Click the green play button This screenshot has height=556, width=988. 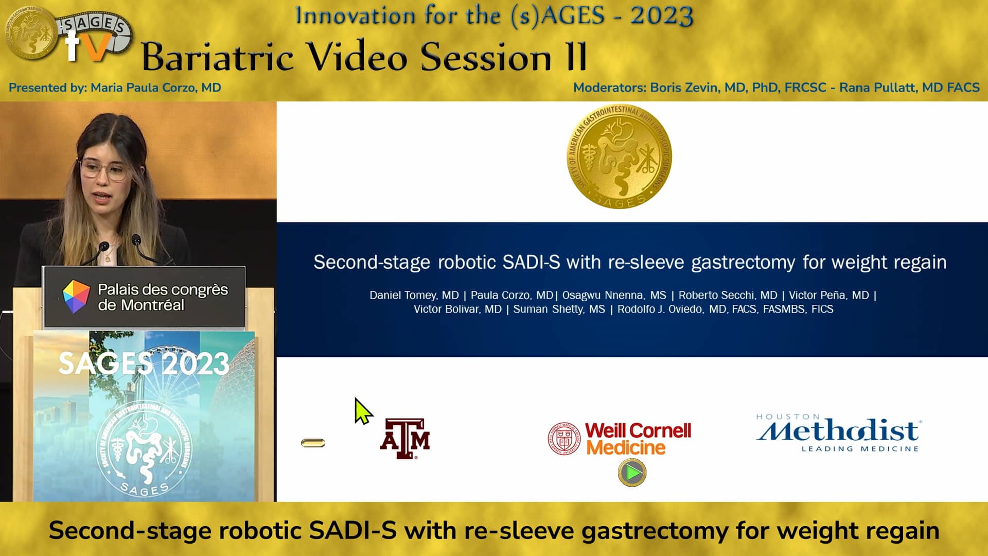[632, 473]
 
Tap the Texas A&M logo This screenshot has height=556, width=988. [405, 438]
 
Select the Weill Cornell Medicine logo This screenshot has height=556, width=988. [620, 439]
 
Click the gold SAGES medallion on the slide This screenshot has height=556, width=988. [619, 157]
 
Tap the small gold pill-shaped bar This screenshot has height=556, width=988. [313, 443]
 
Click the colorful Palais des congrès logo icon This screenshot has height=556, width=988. [76, 297]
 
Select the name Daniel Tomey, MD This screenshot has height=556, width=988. [414, 296]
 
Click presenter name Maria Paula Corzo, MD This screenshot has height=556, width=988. [155, 88]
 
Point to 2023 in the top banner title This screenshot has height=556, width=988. [662, 15]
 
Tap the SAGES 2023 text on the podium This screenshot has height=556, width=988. [144, 363]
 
